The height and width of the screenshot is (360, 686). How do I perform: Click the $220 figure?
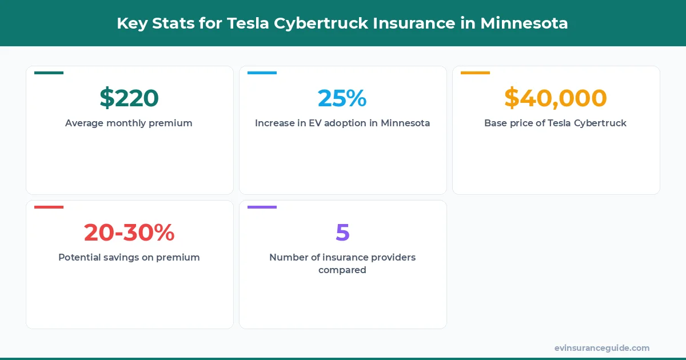(129, 98)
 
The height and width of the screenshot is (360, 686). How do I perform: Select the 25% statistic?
(342, 98)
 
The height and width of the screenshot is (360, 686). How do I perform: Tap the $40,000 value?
(555, 98)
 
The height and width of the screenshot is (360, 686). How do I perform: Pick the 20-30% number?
(129, 233)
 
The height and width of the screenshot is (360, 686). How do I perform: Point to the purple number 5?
(342, 233)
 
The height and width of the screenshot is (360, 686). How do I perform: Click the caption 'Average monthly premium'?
(129, 123)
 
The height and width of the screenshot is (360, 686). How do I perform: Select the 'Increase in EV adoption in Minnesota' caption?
(342, 123)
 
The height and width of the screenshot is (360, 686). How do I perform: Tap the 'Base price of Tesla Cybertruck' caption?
(555, 123)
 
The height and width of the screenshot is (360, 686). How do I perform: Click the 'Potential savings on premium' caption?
(129, 257)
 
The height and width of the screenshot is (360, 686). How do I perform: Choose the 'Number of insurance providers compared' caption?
(342, 263)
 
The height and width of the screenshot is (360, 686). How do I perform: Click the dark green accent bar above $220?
(49, 73)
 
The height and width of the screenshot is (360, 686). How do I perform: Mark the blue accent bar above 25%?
(262, 73)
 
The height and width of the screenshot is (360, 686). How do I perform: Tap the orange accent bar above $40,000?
(475, 73)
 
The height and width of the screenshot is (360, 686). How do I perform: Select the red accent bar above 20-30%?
(49, 207)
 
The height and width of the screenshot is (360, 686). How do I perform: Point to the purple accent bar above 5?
(262, 207)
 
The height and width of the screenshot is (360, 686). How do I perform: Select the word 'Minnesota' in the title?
(524, 23)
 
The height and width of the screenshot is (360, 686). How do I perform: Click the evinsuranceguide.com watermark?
(601, 348)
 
